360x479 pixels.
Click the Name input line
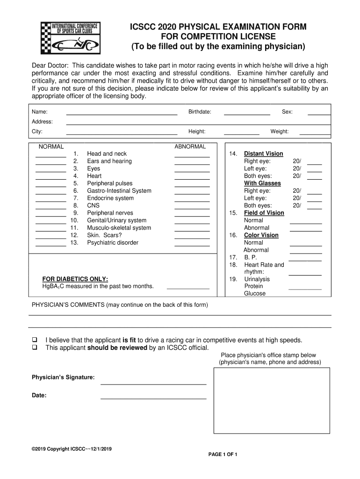click(x=122, y=113)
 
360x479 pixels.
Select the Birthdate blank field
click(x=247, y=113)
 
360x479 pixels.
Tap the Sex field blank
click(x=319, y=113)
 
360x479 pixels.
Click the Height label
click(x=197, y=132)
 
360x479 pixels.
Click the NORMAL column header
click(x=51, y=146)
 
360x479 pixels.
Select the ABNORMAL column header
click(x=190, y=146)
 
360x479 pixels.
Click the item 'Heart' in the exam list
click(x=94, y=176)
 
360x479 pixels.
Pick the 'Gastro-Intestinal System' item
click(x=119, y=191)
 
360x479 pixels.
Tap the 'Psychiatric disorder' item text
click(x=113, y=243)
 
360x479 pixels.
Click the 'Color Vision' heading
click(x=261, y=235)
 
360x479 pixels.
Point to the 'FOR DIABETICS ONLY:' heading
click(x=75, y=279)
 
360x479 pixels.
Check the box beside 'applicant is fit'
click(x=34, y=340)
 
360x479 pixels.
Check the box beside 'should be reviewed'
click(x=34, y=348)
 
